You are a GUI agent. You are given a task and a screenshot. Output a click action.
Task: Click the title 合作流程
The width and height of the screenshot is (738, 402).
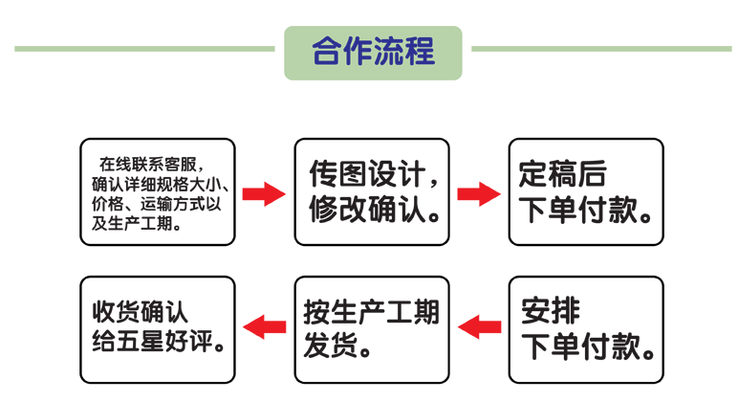click(374, 51)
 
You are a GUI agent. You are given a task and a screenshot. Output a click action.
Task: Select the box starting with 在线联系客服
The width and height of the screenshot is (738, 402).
click(157, 191)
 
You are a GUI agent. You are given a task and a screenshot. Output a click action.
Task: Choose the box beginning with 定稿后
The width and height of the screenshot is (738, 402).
click(586, 191)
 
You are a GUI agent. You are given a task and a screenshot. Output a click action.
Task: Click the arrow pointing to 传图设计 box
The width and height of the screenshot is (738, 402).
click(264, 195)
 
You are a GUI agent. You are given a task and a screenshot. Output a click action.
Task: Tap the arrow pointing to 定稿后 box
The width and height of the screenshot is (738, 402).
click(479, 195)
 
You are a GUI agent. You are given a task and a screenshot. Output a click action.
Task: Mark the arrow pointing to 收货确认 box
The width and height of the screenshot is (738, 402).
click(264, 328)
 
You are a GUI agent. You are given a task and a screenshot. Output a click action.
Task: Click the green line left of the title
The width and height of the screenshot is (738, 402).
click(143, 48)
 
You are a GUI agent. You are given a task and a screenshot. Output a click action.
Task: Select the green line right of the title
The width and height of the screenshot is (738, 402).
click(602, 48)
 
